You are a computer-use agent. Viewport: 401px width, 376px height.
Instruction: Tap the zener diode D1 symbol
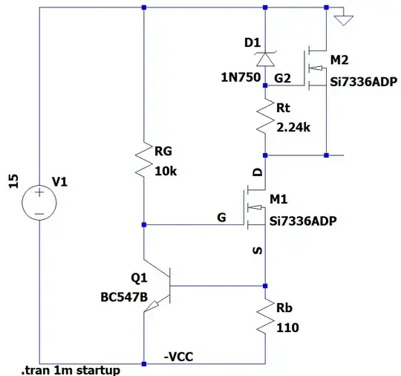pos(265,62)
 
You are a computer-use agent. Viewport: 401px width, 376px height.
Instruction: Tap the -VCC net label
pos(179,356)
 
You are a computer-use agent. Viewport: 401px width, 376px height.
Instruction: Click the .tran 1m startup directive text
pos(71,369)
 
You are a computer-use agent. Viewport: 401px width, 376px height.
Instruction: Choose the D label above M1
pos(258,172)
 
